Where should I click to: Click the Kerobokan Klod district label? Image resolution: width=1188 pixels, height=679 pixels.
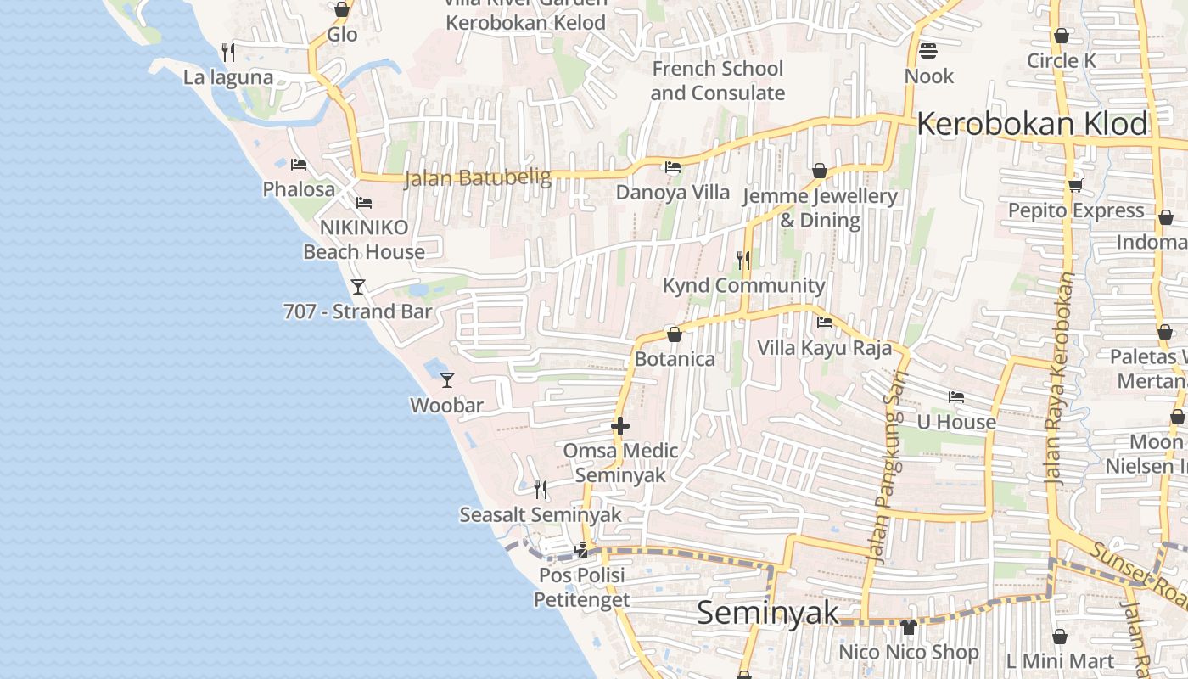[x=1032, y=124]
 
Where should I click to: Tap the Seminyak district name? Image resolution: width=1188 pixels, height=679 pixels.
[x=767, y=612]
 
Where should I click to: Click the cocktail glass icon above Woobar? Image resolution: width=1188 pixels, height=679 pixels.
[x=447, y=379]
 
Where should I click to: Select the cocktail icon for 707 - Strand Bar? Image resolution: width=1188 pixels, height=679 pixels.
[x=358, y=286]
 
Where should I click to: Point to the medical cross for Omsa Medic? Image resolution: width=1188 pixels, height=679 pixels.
[x=620, y=425]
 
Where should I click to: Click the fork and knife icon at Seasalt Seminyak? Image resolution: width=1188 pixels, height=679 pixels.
[x=540, y=489]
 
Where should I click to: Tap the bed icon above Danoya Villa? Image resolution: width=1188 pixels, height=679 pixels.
[x=673, y=166]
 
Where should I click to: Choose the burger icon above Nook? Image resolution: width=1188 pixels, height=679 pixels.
[x=927, y=51]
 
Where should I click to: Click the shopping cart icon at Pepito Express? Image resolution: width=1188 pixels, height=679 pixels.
[x=1075, y=184]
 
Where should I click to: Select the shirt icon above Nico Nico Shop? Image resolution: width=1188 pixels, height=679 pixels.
[x=909, y=627]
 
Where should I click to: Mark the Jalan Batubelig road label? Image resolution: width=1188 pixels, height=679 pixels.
[x=478, y=178]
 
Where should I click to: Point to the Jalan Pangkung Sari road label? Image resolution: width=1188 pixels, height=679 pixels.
[x=884, y=467]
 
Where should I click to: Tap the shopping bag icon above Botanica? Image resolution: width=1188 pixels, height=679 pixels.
[x=675, y=334]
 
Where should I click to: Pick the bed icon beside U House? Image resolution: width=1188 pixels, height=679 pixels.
[x=956, y=396]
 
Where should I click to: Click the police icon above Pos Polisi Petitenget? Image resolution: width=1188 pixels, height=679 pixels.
[x=581, y=550]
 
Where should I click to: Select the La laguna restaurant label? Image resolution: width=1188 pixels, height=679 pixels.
[x=228, y=77]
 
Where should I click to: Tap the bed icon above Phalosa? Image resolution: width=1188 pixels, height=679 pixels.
[x=298, y=164]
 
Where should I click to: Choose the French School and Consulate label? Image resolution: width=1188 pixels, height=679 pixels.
[x=717, y=81]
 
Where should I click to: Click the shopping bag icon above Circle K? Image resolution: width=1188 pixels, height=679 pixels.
[x=1061, y=36]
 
